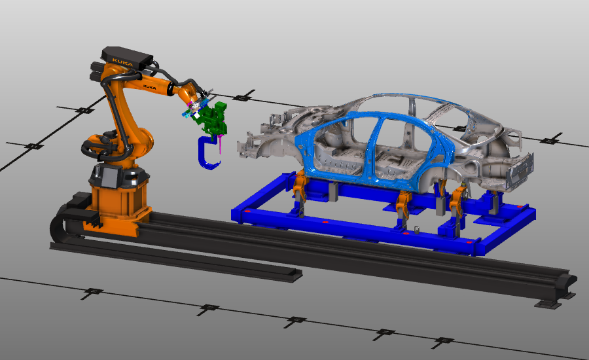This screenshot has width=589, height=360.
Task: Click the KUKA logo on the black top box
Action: [122, 61]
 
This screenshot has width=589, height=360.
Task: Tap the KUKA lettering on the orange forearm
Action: [151, 85]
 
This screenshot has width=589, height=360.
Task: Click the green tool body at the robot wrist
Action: [213, 118]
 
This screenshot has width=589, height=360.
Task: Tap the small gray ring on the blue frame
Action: [415, 228]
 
